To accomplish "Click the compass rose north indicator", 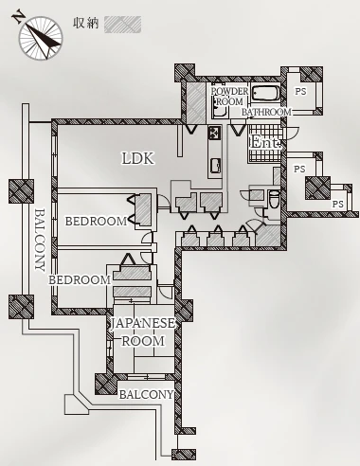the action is point(40,37).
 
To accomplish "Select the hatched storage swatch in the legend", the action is point(122,25).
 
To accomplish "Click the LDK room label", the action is point(138,158).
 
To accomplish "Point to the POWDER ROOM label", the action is point(229,97).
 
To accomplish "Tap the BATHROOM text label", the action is point(266,112).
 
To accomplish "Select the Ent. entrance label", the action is point(265,143).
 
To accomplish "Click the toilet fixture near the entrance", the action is point(274,199).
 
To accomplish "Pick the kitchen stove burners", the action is point(214,133).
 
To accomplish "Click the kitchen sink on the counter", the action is point(215,165).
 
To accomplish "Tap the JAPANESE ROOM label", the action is point(143,332).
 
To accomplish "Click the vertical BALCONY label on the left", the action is point(40,240).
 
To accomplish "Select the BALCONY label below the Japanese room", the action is point(146,394).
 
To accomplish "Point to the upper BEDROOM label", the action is point(96,222).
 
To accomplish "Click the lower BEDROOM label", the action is point(80,279).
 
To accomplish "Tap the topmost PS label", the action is point(300,92).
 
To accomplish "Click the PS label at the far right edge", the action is point(337,205).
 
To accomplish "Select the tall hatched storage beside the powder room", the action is point(195,102).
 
